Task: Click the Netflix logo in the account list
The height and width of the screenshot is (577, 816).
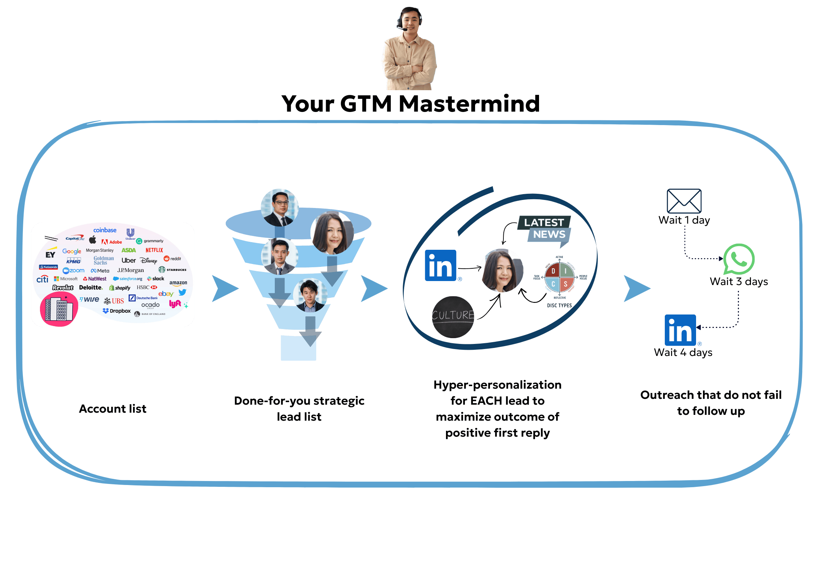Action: click(x=154, y=250)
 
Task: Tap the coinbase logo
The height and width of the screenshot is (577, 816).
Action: click(x=105, y=230)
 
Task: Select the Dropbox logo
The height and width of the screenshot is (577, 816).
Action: click(x=117, y=311)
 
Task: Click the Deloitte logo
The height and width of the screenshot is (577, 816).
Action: click(x=91, y=287)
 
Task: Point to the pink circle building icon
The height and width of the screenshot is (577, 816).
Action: click(x=59, y=309)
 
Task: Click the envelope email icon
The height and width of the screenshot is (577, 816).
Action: click(x=684, y=201)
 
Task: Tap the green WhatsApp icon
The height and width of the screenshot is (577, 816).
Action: click(x=739, y=259)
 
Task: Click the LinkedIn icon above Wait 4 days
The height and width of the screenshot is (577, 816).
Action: click(x=680, y=330)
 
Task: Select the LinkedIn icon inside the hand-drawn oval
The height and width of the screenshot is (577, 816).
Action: click(x=441, y=266)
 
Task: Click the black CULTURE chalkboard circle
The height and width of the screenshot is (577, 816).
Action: click(x=453, y=316)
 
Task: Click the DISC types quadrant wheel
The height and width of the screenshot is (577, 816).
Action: click(x=559, y=277)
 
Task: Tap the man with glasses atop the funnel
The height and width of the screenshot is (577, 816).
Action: click(x=280, y=208)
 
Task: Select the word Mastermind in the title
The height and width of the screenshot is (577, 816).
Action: click(x=469, y=104)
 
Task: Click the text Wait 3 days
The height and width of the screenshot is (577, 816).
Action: click(x=739, y=282)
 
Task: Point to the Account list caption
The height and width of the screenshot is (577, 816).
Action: click(x=113, y=409)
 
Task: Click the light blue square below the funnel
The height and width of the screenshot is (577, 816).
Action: click(x=298, y=348)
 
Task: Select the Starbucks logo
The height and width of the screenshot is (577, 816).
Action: click(x=173, y=270)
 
